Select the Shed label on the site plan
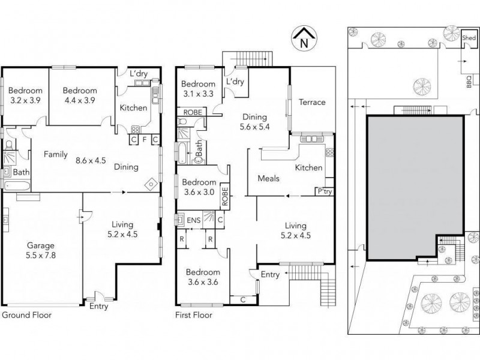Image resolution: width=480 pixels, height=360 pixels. pyautogui.click(x=469, y=38)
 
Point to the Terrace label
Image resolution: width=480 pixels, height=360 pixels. pyautogui.click(x=312, y=102)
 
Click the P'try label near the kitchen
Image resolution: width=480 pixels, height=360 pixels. pyautogui.click(x=325, y=193)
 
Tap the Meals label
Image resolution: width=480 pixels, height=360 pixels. pyautogui.click(x=268, y=178)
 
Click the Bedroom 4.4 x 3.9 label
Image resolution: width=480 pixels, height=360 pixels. pyautogui.click(x=79, y=95)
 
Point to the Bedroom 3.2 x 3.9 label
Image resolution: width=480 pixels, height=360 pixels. pyautogui.click(x=25, y=95)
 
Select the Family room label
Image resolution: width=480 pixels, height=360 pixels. pyautogui.click(x=55, y=154)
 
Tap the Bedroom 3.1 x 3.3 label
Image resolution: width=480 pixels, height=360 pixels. pyautogui.click(x=199, y=89)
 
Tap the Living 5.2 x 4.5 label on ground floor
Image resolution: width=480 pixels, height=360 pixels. pyautogui.click(x=122, y=230)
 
